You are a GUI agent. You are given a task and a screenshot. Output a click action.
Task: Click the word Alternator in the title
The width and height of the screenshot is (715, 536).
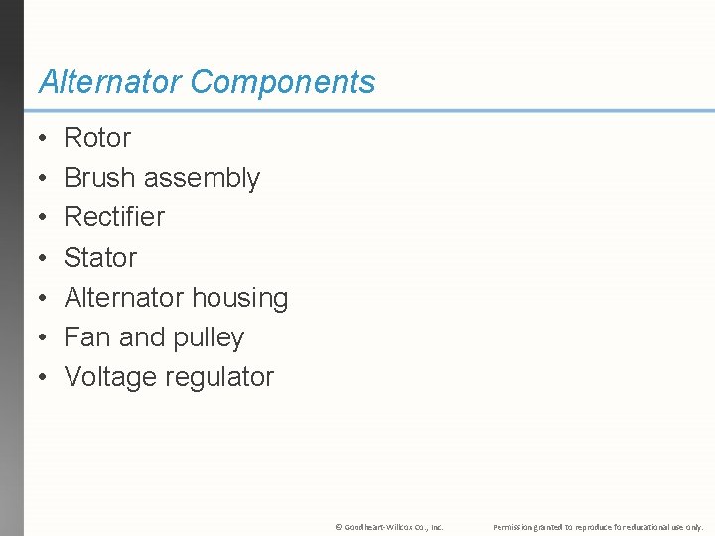click(x=110, y=82)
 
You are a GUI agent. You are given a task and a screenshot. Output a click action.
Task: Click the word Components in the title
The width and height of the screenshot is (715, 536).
click(x=283, y=82)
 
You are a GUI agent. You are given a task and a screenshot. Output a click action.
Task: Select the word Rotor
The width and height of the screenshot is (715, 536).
click(x=97, y=137)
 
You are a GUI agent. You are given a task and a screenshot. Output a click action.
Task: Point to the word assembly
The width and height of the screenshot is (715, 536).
click(x=202, y=179)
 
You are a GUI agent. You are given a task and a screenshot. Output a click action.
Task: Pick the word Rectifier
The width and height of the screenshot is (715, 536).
click(x=114, y=216)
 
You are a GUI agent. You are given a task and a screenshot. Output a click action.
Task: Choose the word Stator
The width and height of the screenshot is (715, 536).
click(x=100, y=257)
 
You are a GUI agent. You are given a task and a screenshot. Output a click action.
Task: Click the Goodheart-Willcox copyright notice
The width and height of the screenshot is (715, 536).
click(x=389, y=527)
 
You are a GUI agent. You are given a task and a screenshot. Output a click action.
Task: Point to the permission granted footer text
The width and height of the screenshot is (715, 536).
click(x=598, y=527)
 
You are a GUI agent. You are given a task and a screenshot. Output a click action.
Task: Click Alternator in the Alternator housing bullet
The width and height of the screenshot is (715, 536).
click(x=124, y=297)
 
